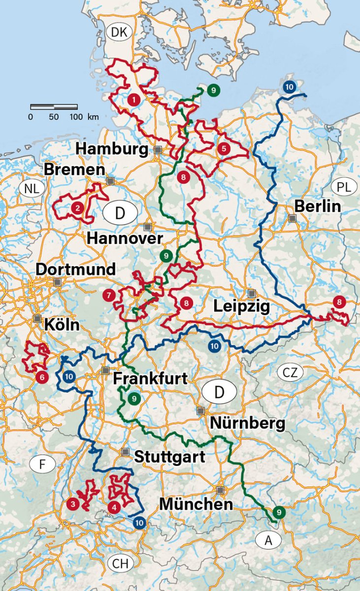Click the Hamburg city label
[112, 148]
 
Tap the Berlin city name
[318, 206]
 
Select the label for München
[196, 504]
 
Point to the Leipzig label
[241, 306]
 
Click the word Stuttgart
[169, 457]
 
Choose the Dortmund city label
[76, 269]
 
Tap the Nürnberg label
[248, 423]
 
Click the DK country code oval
[119, 33]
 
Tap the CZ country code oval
[290, 372]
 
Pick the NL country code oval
[32, 188]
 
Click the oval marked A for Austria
[268, 541]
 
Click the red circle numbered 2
[77, 208]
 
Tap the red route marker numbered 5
[224, 148]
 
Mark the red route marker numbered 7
[109, 295]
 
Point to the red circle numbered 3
[73, 504]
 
